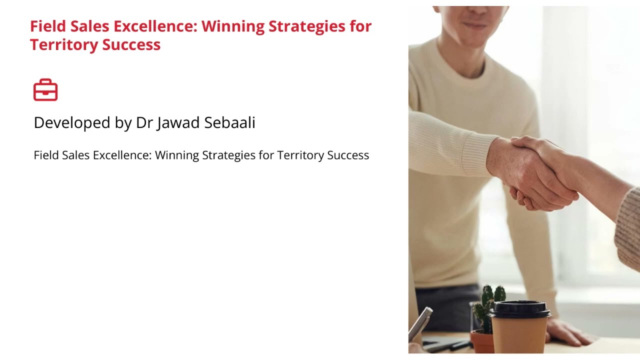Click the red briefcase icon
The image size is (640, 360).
pos(45,90)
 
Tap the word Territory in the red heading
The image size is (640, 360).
pos(64,45)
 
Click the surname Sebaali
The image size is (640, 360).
pos(229,123)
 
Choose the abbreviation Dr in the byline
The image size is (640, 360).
pos(144,123)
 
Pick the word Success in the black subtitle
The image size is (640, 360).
pos(348,155)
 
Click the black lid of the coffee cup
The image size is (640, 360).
pos(519,308)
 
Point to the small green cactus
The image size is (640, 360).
pos(487,305)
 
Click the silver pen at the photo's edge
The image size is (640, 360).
pos(420,322)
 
